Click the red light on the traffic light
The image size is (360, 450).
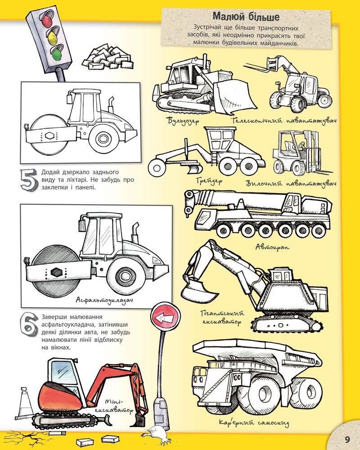coord(46,22)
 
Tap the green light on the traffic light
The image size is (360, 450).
coord(57,54)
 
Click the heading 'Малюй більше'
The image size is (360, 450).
coord(246,17)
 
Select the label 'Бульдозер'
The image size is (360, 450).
coord(183,121)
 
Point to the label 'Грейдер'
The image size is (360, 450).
coord(209,181)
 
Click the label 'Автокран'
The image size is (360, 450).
coord(272,247)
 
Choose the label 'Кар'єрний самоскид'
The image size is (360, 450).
coord(254,423)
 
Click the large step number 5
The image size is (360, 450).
coord(28,180)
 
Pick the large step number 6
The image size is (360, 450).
coord(29,326)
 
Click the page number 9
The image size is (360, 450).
coord(347,439)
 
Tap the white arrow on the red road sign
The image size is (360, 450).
coord(166,317)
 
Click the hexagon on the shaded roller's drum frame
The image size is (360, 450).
coord(54,272)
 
